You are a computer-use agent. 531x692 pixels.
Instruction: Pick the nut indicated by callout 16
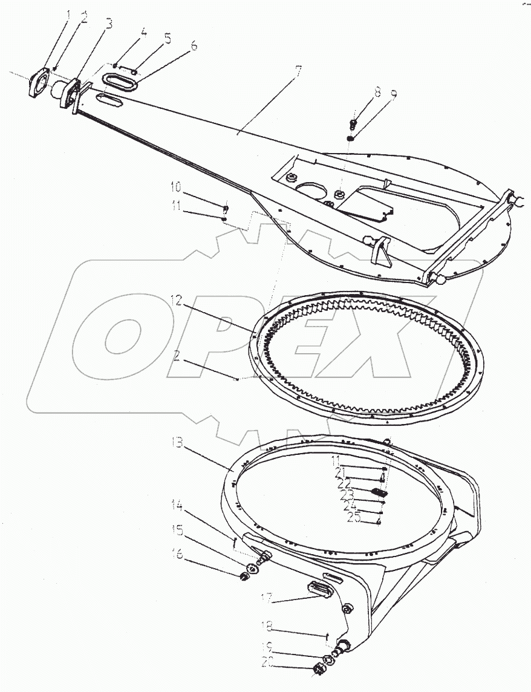[247, 573]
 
